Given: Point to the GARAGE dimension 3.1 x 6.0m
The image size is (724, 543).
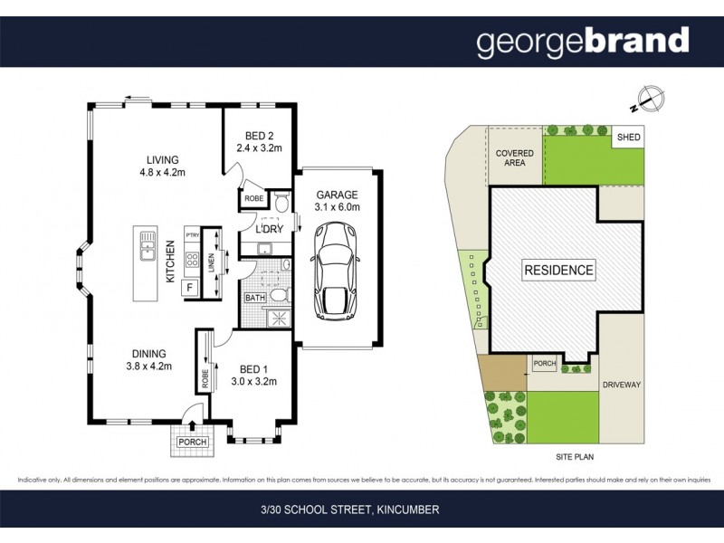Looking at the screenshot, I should pos(338,207).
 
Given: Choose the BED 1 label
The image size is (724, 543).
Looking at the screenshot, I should pos(253,368).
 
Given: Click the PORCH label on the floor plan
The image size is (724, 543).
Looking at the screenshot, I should pos(192,442).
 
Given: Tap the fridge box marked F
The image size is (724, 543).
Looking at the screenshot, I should pos(191,289).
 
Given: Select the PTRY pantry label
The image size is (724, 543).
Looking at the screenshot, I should pos(192,236).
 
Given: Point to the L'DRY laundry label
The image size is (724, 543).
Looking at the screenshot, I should pos(269,229).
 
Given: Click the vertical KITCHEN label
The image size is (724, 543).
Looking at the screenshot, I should pos(169,261).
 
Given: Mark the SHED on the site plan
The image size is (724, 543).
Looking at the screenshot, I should pos(628,138).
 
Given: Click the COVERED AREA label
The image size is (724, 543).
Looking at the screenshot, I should pos(514,158).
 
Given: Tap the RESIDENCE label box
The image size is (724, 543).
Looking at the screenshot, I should pos(558,270).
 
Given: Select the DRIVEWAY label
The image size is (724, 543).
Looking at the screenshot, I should pos(621,385).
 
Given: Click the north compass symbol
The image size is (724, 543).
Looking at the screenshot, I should pos(649,97).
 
